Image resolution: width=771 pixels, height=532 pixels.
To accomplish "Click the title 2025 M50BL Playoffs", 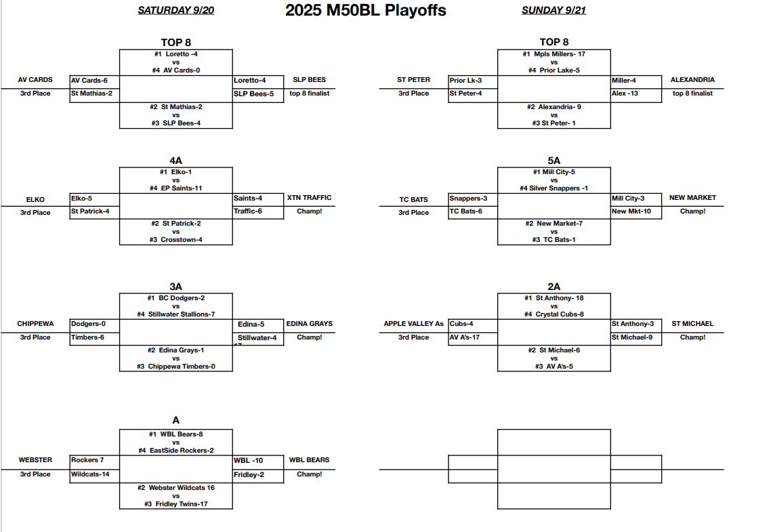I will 365,10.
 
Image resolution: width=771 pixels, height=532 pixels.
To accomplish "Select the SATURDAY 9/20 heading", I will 175,10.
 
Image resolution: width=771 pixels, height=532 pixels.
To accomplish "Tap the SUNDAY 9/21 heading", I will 554,10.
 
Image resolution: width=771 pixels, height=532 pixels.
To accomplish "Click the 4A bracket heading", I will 175,161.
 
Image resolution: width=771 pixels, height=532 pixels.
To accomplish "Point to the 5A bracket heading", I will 554,161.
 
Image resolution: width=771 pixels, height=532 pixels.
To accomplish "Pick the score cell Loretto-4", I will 249,80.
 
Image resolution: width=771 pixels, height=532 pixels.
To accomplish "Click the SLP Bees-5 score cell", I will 253,94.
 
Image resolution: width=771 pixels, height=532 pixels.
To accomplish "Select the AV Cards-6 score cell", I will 89,80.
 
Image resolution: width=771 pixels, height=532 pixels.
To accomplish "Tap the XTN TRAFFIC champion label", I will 309,198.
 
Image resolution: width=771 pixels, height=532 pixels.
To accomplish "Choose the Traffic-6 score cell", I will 248,211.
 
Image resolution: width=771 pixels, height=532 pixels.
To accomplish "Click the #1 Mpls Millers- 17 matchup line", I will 554,54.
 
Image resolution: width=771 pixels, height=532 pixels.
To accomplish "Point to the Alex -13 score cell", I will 625,94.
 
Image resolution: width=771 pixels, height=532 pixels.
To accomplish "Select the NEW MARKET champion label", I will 692,198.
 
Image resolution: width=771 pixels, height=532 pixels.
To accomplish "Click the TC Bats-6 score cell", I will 466,211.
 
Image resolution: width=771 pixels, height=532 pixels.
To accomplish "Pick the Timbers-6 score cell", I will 87,337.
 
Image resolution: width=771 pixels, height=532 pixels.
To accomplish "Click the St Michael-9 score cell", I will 632,337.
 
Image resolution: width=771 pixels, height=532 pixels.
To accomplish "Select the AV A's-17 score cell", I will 465,337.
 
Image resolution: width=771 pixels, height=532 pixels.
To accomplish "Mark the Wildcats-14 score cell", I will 90,474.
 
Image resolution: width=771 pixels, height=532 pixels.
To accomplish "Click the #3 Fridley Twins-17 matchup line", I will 175,504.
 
